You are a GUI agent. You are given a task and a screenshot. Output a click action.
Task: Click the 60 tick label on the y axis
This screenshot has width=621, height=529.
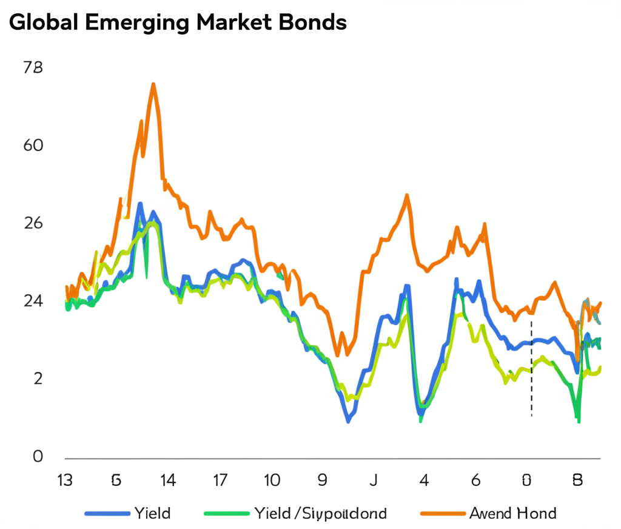point(33,146)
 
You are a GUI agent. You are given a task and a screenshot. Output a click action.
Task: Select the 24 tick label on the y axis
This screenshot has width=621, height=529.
point(33,302)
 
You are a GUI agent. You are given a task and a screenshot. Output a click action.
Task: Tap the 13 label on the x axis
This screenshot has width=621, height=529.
point(64,480)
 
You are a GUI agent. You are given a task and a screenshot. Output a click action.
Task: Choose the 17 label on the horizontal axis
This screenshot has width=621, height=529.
point(220,480)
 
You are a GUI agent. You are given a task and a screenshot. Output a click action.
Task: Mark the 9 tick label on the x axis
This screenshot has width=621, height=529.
point(323,480)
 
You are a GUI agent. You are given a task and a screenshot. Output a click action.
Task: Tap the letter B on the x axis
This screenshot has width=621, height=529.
point(577,480)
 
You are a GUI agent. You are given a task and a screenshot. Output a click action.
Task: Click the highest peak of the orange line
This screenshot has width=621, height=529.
point(153,84)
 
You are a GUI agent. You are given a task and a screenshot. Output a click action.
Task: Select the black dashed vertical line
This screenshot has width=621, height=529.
point(532,370)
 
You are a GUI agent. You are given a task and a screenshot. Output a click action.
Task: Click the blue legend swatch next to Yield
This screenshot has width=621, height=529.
point(108,513)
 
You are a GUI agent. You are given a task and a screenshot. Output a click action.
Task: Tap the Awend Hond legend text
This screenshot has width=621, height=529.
point(512,513)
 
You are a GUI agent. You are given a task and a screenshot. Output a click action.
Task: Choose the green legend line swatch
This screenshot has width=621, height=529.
point(226,513)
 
